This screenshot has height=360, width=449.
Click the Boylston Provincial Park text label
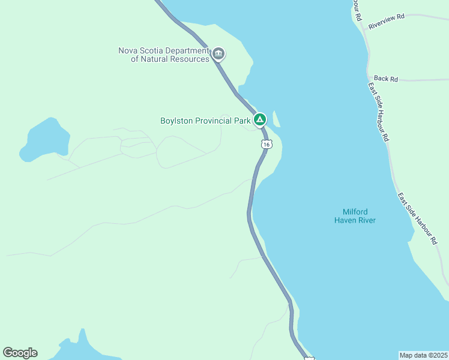pyautogui.click(x=205, y=121)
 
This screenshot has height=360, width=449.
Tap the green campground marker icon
pyautogui.click(x=259, y=120)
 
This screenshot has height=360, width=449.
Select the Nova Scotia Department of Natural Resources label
pyautogui.click(x=164, y=55)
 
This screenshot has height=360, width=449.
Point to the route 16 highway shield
pyautogui.click(x=267, y=144)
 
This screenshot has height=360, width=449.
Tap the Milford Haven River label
pyautogui.click(x=355, y=216)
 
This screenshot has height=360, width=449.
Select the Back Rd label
pyautogui.click(x=385, y=79)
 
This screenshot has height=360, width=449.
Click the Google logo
pyautogui.click(x=20, y=352)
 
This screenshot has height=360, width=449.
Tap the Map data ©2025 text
pyautogui.click(x=423, y=355)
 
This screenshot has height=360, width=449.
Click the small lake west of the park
pyautogui.click(x=41, y=139)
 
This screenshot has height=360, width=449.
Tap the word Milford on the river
pyautogui.click(x=355, y=212)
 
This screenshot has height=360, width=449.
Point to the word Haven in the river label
pyautogui.click(x=346, y=220)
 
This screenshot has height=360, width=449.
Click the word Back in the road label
pyautogui.click(x=381, y=79)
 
